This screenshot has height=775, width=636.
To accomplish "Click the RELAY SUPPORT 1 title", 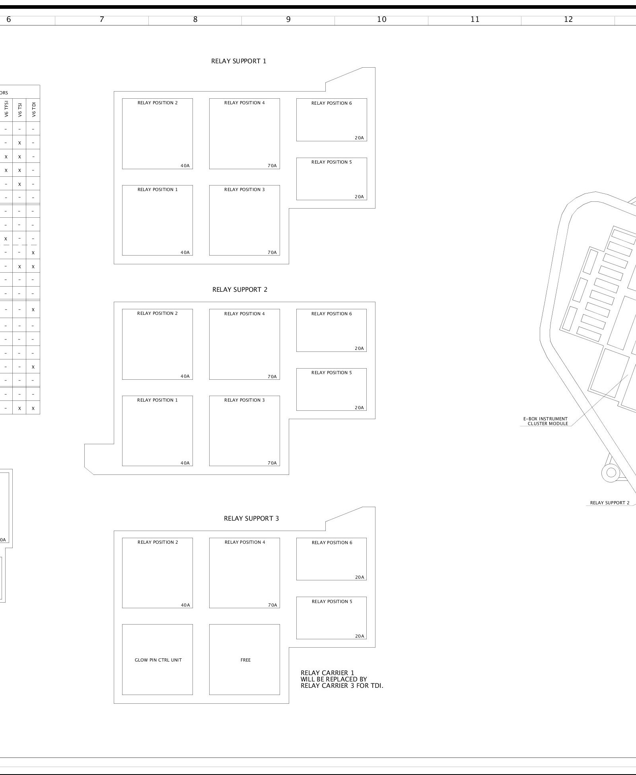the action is tap(239, 61).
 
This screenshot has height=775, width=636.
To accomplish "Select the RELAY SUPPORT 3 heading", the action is tap(251, 518).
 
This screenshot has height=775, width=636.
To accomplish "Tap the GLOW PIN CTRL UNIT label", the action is tap(158, 660).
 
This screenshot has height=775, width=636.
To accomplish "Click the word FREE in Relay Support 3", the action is tap(245, 660).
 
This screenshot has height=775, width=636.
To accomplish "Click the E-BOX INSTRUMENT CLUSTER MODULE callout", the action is tap(545, 421).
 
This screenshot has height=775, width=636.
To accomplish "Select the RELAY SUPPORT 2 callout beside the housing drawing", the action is tap(610, 503).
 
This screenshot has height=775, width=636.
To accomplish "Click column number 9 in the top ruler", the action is tap(288, 19).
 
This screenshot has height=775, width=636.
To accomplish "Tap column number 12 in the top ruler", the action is tap(568, 19).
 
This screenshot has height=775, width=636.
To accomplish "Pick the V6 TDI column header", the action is tap(34, 109).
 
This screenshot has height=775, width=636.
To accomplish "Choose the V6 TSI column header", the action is tap(19, 109).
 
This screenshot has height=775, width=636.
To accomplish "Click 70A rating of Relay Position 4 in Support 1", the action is tap(272, 166).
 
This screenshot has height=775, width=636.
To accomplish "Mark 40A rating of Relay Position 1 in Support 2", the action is tap(185, 463).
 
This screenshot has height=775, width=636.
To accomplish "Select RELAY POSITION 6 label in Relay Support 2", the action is tap(331, 314).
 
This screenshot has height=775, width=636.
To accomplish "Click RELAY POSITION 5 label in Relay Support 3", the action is tap(332, 601).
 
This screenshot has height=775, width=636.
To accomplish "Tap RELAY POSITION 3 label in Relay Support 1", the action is tap(244, 189).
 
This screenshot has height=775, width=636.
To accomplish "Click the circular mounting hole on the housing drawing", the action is tap(611, 473).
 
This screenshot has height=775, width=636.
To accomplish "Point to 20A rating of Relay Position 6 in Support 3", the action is tap(360, 577).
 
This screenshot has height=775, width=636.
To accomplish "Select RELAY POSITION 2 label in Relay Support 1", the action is tap(158, 103).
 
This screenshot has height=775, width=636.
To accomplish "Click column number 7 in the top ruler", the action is tap(102, 19).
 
